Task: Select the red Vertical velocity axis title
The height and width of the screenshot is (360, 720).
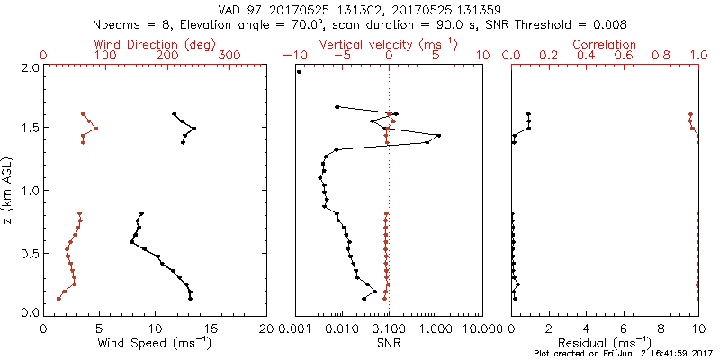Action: (389, 44)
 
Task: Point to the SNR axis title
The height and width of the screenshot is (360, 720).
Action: (389, 342)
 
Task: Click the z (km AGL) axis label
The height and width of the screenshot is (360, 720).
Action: (10, 191)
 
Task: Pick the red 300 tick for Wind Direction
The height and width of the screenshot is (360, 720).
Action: (230, 56)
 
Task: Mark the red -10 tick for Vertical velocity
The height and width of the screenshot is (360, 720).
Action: (292, 56)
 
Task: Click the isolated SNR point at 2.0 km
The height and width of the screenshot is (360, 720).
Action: (299, 72)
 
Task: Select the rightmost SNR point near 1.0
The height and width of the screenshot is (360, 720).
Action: (438, 136)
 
